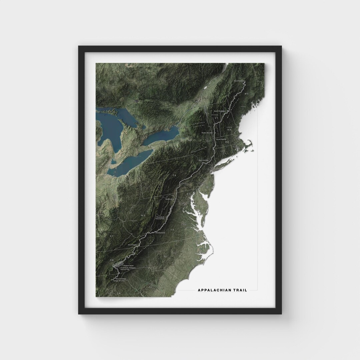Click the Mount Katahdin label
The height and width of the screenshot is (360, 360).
(239, 81)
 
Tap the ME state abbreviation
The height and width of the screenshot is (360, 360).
(247, 95)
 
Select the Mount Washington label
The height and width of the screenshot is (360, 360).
(220, 111)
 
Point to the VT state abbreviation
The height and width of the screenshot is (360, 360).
(216, 118)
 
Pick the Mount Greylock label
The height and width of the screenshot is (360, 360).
(221, 139)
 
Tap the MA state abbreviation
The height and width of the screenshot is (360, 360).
(227, 142)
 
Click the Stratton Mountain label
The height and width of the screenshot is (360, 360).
(207, 132)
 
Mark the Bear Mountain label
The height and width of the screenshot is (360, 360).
(203, 160)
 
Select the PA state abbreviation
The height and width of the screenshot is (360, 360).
(174, 175)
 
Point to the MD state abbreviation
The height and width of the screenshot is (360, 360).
(189, 194)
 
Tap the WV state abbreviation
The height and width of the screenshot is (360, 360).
(144, 216)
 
